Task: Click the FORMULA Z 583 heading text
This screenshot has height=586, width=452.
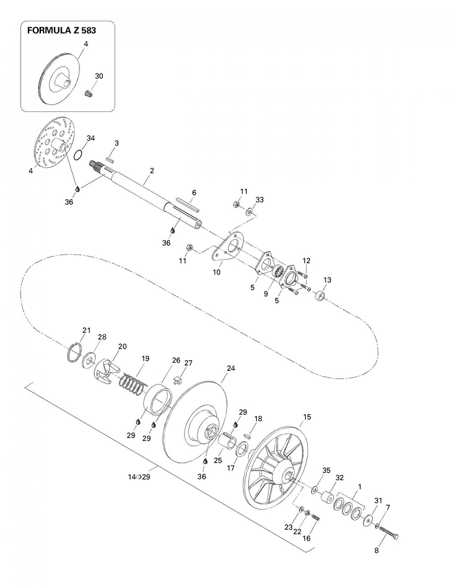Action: click(x=61, y=31)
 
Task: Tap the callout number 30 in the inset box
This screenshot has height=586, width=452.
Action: click(x=99, y=76)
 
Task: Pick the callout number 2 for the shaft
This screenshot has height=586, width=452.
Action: click(x=152, y=171)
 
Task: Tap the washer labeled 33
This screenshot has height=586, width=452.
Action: click(x=249, y=211)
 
